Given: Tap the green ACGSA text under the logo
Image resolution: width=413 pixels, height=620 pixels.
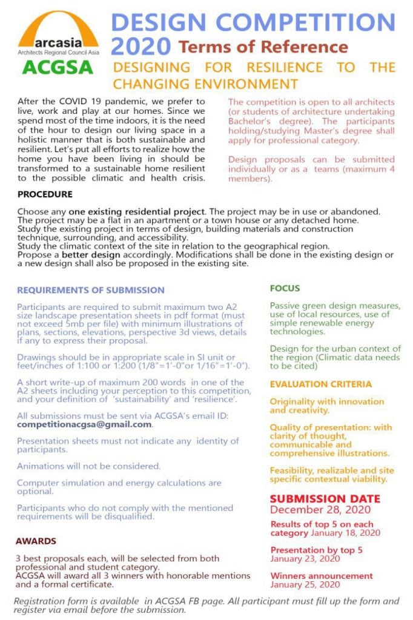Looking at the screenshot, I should [58, 67].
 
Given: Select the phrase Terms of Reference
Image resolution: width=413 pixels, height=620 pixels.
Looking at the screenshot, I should [263, 47].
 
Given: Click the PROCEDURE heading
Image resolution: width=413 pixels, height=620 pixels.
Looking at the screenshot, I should [45, 194].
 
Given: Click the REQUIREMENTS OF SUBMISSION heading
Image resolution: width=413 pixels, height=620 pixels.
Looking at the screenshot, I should [91, 290].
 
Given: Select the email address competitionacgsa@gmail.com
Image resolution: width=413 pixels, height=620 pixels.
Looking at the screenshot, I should [84, 424].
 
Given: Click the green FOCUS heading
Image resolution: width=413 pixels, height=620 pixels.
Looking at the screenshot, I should [285, 289].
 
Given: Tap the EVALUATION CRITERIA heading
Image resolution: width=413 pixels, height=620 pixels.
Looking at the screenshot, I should [321, 384].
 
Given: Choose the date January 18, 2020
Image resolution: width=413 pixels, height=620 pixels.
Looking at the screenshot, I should [345, 533].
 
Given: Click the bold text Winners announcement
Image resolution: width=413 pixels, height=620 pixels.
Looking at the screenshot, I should [322, 576].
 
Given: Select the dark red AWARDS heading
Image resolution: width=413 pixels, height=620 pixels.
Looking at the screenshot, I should [36, 541].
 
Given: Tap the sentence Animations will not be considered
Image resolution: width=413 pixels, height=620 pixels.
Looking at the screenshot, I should [89, 466].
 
